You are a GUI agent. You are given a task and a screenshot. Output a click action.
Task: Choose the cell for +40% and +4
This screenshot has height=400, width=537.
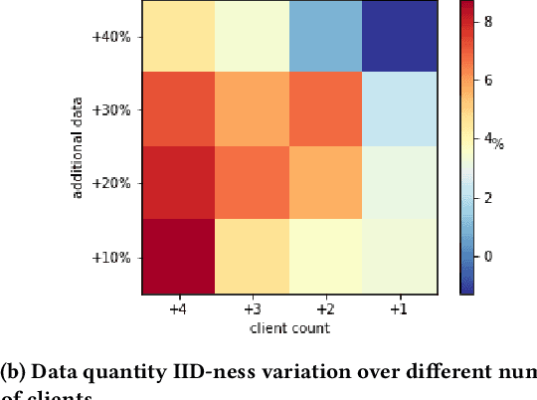180,37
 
